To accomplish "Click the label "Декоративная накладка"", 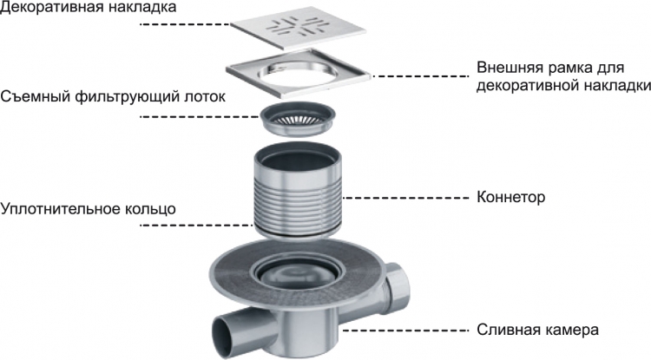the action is click(x=88, y=7).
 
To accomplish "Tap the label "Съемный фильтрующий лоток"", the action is click(x=113, y=97).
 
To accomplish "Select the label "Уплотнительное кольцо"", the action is click(x=88, y=208).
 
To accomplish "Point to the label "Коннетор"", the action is click(x=510, y=197).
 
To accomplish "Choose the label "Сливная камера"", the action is click(x=537, y=331).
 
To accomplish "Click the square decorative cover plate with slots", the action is click(x=299, y=29).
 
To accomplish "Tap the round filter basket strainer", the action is click(x=298, y=119).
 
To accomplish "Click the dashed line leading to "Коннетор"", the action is click(x=404, y=198).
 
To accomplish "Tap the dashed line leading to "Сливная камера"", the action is click(x=404, y=331).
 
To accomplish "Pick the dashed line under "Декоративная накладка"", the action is click(x=185, y=25).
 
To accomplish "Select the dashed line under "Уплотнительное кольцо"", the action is click(x=197, y=226).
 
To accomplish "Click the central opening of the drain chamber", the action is click(x=298, y=275).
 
